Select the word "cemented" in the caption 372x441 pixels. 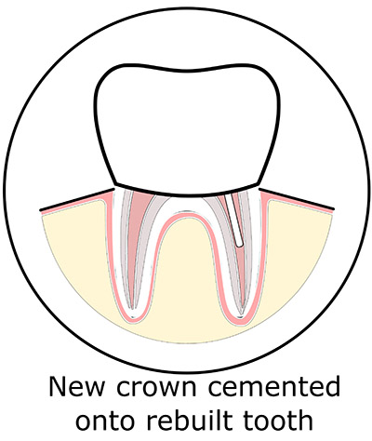coord(273,387)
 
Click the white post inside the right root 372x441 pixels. coord(234,221)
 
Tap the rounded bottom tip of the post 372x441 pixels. coord(240,246)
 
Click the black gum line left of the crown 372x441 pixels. coord(77,199)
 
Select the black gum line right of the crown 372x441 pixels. coord(296,198)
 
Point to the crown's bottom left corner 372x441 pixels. coord(115,184)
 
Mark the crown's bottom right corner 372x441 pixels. coord(259,184)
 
